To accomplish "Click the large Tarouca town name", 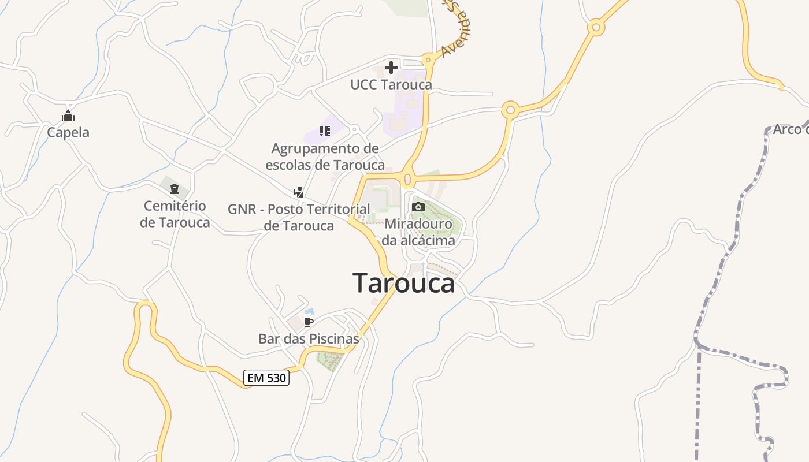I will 403,284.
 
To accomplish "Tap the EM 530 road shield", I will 266,378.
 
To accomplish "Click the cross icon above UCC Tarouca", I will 391,68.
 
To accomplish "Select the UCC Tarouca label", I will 391,85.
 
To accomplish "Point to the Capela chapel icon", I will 68,116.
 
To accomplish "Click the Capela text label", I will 68,132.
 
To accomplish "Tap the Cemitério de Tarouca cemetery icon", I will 175,188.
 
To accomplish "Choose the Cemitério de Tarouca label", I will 175,214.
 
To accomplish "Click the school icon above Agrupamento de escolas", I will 324,131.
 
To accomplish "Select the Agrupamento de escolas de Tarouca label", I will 325,157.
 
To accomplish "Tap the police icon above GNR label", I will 299,192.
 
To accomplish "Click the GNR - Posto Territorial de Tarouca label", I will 299,217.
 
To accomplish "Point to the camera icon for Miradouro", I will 418,207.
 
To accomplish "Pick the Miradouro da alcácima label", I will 418,232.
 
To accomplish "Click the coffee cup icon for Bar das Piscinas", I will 309,322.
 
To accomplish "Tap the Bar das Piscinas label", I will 309,338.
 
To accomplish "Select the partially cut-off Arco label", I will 790,129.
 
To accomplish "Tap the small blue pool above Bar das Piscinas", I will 309,311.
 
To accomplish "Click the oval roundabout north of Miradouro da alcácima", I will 408,179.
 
